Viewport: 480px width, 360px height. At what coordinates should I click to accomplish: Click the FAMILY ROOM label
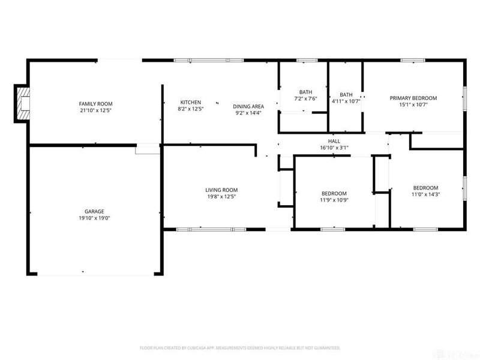click(96, 103)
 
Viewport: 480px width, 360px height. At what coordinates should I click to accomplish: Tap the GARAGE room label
click(94, 211)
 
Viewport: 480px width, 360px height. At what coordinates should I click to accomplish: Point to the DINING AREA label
click(248, 106)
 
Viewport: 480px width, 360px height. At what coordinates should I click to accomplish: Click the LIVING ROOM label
click(222, 190)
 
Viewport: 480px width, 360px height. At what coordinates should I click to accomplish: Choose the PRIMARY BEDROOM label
click(413, 98)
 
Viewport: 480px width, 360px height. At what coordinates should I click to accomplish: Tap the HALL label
click(334, 141)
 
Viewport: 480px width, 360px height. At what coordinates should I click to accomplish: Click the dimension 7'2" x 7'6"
click(305, 98)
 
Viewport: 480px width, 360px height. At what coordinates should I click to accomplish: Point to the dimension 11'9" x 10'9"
click(334, 200)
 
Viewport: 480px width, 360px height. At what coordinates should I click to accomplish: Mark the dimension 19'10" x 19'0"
click(94, 218)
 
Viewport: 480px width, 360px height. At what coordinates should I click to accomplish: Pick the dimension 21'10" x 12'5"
click(96, 110)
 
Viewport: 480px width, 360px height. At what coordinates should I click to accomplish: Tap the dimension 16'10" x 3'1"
click(334, 148)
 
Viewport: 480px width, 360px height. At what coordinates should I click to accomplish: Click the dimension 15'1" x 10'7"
click(413, 104)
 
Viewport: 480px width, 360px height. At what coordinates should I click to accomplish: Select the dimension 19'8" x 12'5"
click(222, 197)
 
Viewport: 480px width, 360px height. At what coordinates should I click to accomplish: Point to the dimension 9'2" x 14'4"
click(248, 113)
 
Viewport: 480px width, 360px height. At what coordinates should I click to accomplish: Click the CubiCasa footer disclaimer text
click(240, 348)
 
